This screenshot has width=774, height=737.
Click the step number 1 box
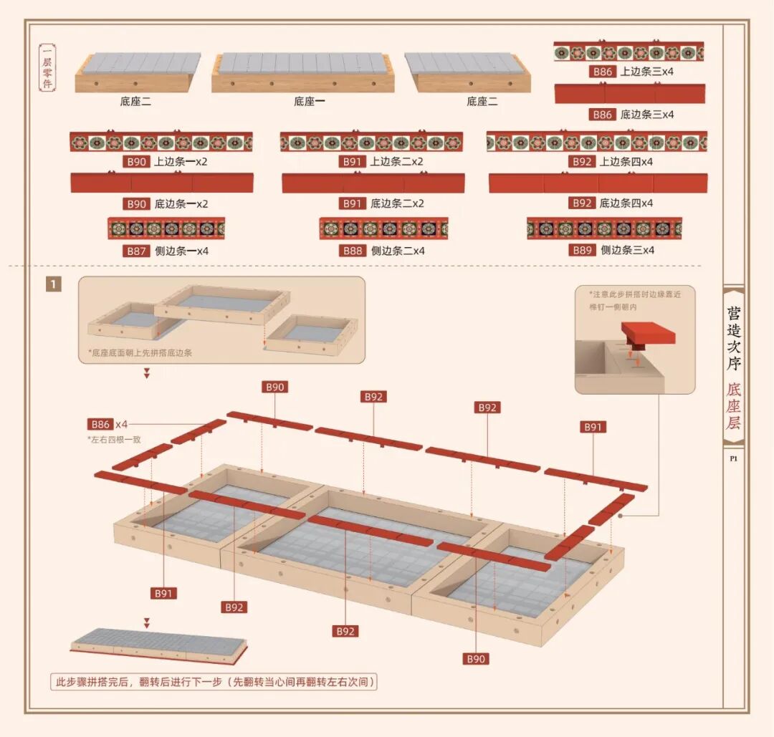click(x=53, y=284)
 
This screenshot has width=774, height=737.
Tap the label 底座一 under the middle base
click(x=310, y=101)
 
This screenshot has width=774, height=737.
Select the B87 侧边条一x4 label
click(x=166, y=251)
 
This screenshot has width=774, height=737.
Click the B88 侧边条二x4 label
click(x=381, y=251)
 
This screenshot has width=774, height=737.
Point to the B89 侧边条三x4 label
click(x=611, y=250)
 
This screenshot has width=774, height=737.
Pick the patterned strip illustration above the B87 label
click(x=166, y=228)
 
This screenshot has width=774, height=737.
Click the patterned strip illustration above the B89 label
click(x=604, y=228)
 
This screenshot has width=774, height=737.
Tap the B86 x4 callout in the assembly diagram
click(x=107, y=424)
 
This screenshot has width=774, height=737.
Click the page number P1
click(x=734, y=458)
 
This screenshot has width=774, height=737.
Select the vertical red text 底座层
click(x=734, y=405)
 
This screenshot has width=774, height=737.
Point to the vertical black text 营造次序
click(x=734, y=338)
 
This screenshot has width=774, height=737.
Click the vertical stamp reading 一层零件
click(x=47, y=67)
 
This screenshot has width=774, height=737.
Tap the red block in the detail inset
click(x=648, y=334)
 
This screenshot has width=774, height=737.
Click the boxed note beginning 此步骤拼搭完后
click(x=214, y=682)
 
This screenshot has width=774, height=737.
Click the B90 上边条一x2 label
click(x=165, y=161)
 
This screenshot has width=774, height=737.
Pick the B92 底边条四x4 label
click(x=611, y=203)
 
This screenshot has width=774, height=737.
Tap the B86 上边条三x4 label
click(x=631, y=72)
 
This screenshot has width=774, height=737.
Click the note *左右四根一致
click(x=115, y=440)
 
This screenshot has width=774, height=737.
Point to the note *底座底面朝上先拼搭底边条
click(x=140, y=352)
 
